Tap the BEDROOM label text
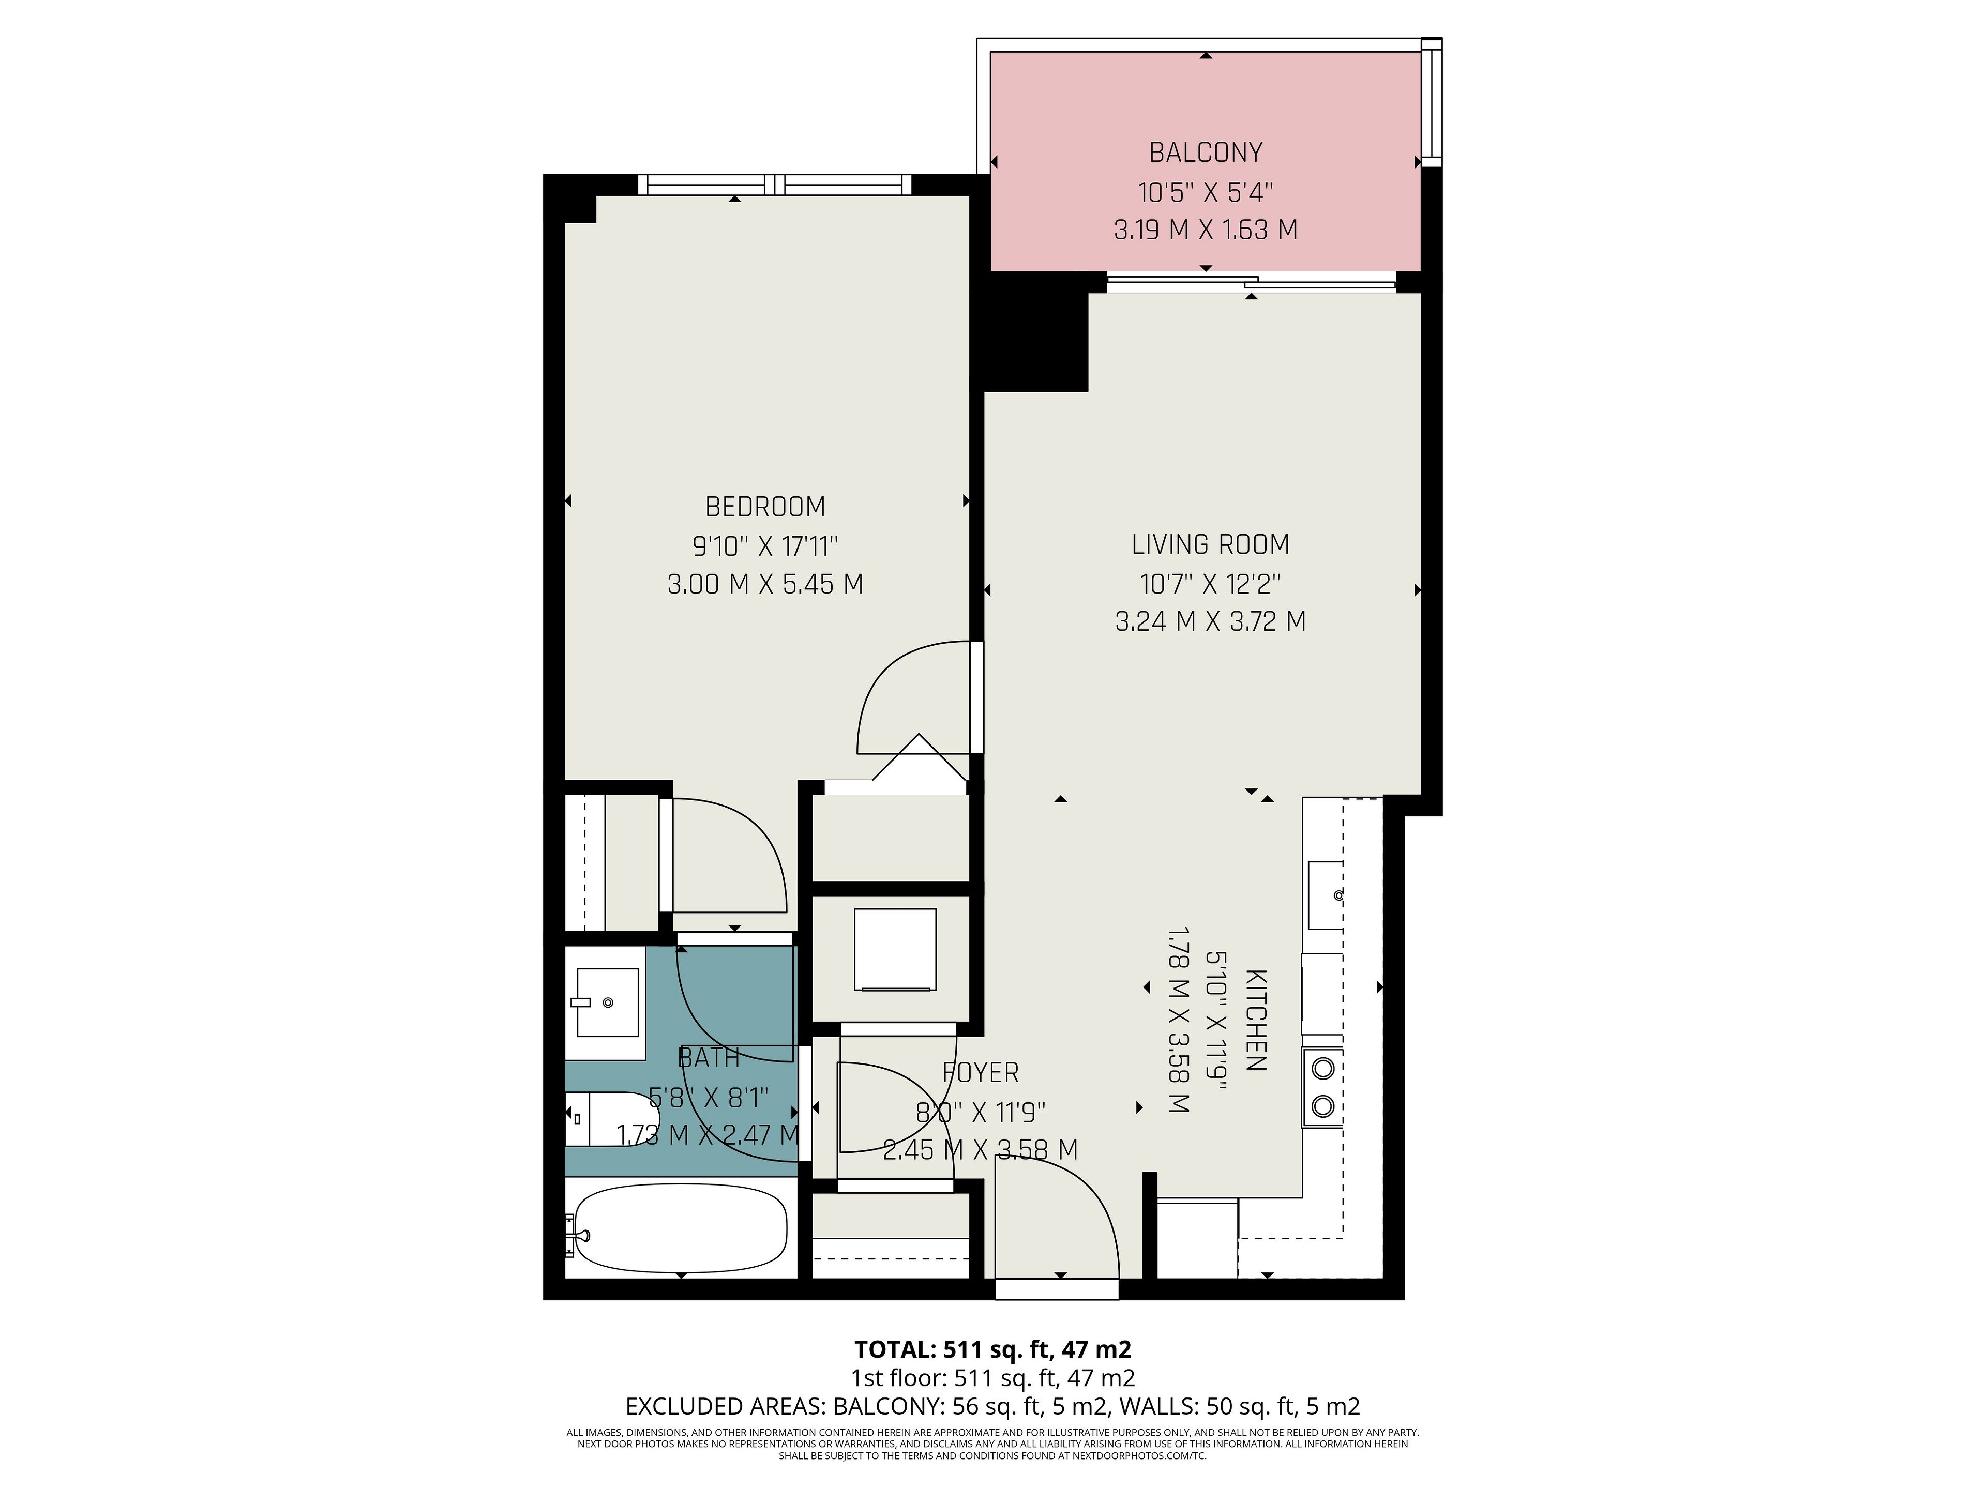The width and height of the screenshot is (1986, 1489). pyautogui.click(x=765, y=507)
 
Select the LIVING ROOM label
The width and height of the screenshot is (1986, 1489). pyautogui.click(x=1210, y=545)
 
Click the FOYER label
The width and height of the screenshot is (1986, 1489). pyautogui.click(x=981, y=1073)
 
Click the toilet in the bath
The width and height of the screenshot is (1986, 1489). pyautogui.click(x=600, y=1118)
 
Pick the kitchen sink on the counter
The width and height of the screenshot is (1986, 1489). pyautogui.click(x=1325, y=895)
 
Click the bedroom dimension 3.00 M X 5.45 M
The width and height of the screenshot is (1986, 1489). pyautogui.click(x=765, y=584)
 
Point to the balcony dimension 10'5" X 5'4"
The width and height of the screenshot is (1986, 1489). pyautogui.click(x=1206, y=192)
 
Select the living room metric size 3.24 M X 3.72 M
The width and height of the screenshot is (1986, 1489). pyautogui.click(x=1210, y=621)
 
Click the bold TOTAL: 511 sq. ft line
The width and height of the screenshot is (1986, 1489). pyautogui.click(x=993, y=1349)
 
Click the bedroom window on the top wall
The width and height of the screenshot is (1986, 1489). pyautogui.click(x=775, y=185)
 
